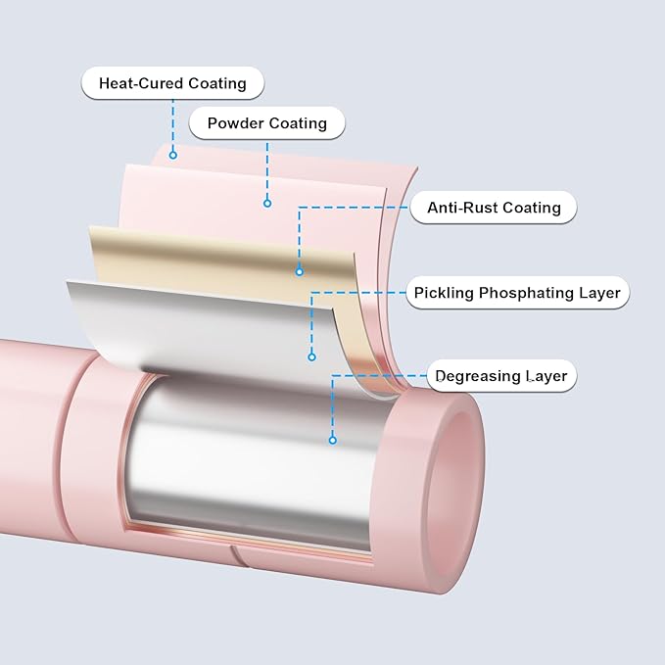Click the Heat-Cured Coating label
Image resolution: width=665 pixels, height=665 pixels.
173,83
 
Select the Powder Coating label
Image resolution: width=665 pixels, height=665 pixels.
266,124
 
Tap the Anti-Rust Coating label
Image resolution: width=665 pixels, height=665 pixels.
494,208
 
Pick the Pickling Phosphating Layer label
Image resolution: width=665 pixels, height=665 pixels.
517,292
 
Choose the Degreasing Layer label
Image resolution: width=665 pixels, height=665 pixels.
501,376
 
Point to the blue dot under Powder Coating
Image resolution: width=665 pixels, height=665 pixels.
266,204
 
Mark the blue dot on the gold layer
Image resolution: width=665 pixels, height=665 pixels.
300,271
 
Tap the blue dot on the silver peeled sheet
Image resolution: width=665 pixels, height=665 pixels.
312,357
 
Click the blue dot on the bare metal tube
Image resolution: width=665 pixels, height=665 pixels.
333,440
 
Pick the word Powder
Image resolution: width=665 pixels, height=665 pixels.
235,124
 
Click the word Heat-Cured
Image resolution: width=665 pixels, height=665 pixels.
138,83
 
